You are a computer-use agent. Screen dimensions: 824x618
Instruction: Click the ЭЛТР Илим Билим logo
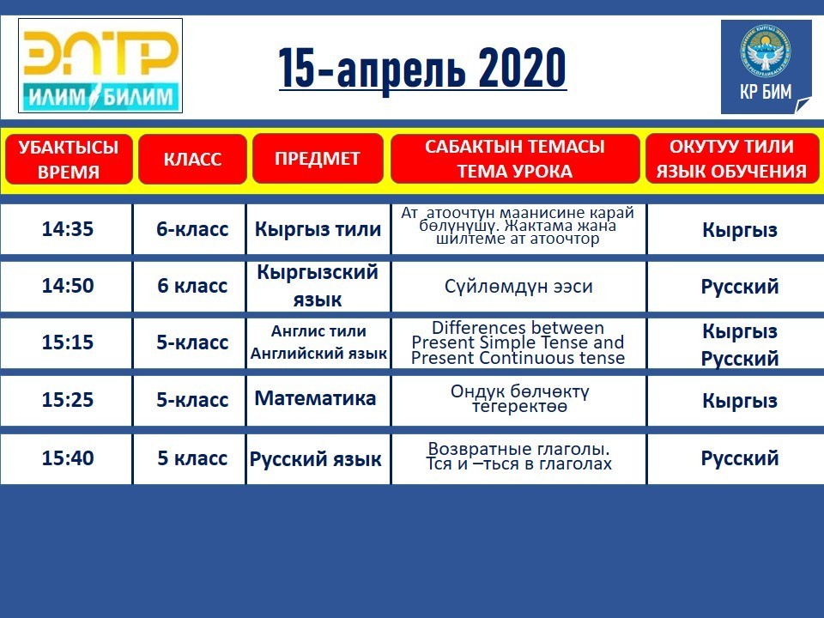(x=100, y=66)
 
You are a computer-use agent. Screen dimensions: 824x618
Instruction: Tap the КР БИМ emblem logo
(x=766, y=67)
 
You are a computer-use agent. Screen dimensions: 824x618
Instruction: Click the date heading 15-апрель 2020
(x=422, y=68)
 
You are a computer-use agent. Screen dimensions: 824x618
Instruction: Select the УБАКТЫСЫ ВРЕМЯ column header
(x=69, y=160)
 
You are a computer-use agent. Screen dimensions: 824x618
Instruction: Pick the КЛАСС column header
(x=192, y=160)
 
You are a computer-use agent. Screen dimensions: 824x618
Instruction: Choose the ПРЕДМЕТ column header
(x=318, y=159)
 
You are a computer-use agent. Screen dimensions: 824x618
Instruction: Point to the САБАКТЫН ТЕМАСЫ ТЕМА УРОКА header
(x=515, y=159)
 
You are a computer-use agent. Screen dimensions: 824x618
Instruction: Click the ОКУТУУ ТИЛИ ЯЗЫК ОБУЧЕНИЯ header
(x=732, y=159)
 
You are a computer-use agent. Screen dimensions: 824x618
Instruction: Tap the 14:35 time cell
(x=66, y=229)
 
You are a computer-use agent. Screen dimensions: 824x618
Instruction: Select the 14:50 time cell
(x=66, y=286)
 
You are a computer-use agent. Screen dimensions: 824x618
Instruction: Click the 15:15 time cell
(x=66, y=342)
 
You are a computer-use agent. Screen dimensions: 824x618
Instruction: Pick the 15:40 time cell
(x=66, y=458)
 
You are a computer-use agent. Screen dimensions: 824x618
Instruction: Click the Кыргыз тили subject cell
(x=318, y=229)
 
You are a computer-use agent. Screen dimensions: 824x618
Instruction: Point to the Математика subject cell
(x=318, y=399)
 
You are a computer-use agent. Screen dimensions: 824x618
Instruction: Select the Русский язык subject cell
(x=318, y=458)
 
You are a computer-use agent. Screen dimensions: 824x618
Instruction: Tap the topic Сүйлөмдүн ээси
(x=518, y=287)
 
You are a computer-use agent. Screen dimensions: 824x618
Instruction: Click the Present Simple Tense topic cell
(x=518, y=342)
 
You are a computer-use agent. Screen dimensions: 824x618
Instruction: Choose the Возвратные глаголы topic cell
(x=518, y=457)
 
